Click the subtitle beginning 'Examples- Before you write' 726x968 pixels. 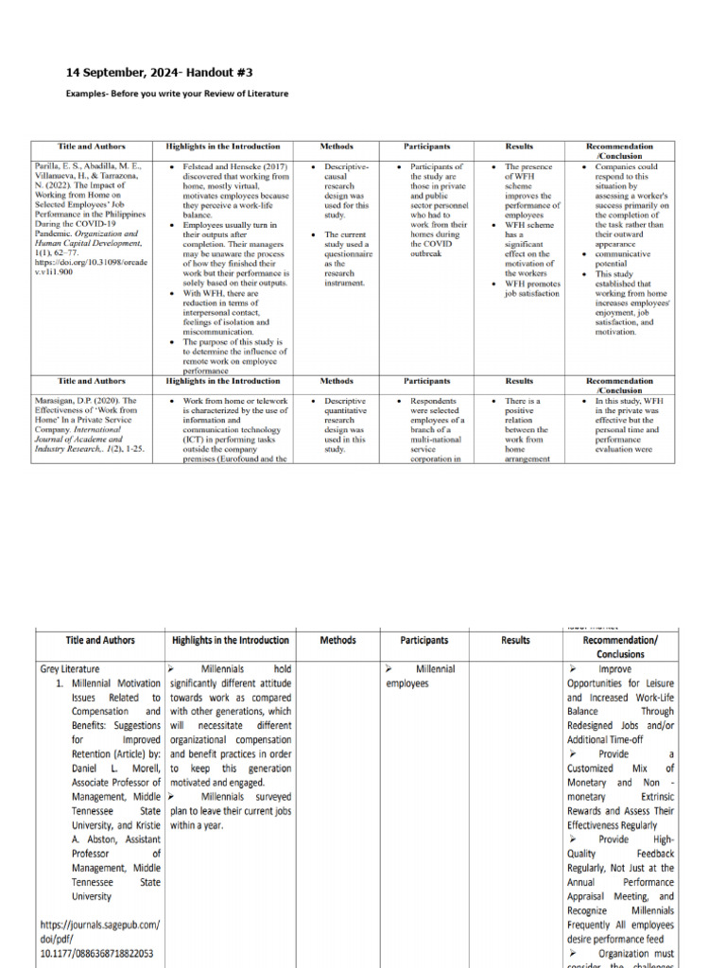point(177,95)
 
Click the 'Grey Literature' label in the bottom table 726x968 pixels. point(69,668)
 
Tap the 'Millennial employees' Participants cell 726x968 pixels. point(421,675)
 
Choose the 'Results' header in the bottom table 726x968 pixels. point(515,640)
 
